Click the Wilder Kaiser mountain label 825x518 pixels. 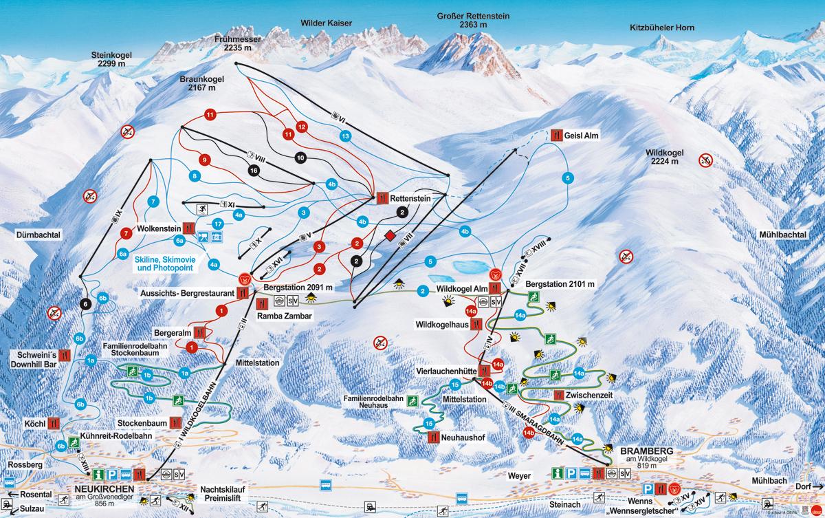326,23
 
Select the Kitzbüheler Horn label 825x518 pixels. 662,28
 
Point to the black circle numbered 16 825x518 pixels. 254,170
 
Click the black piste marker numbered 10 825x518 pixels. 300,158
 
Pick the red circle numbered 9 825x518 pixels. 203,160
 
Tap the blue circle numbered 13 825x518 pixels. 345,136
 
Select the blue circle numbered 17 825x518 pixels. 218,224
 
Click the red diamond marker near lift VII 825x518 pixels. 390,237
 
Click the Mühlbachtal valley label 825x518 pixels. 782,235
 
